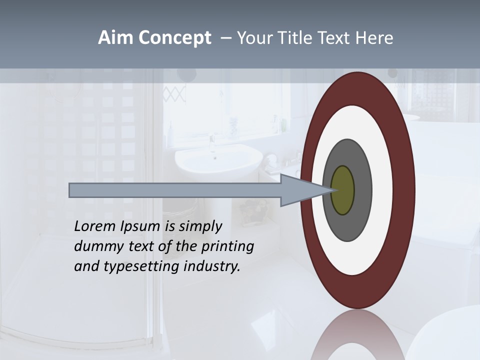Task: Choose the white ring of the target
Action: (382, 190)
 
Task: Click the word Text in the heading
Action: (335, 38)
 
